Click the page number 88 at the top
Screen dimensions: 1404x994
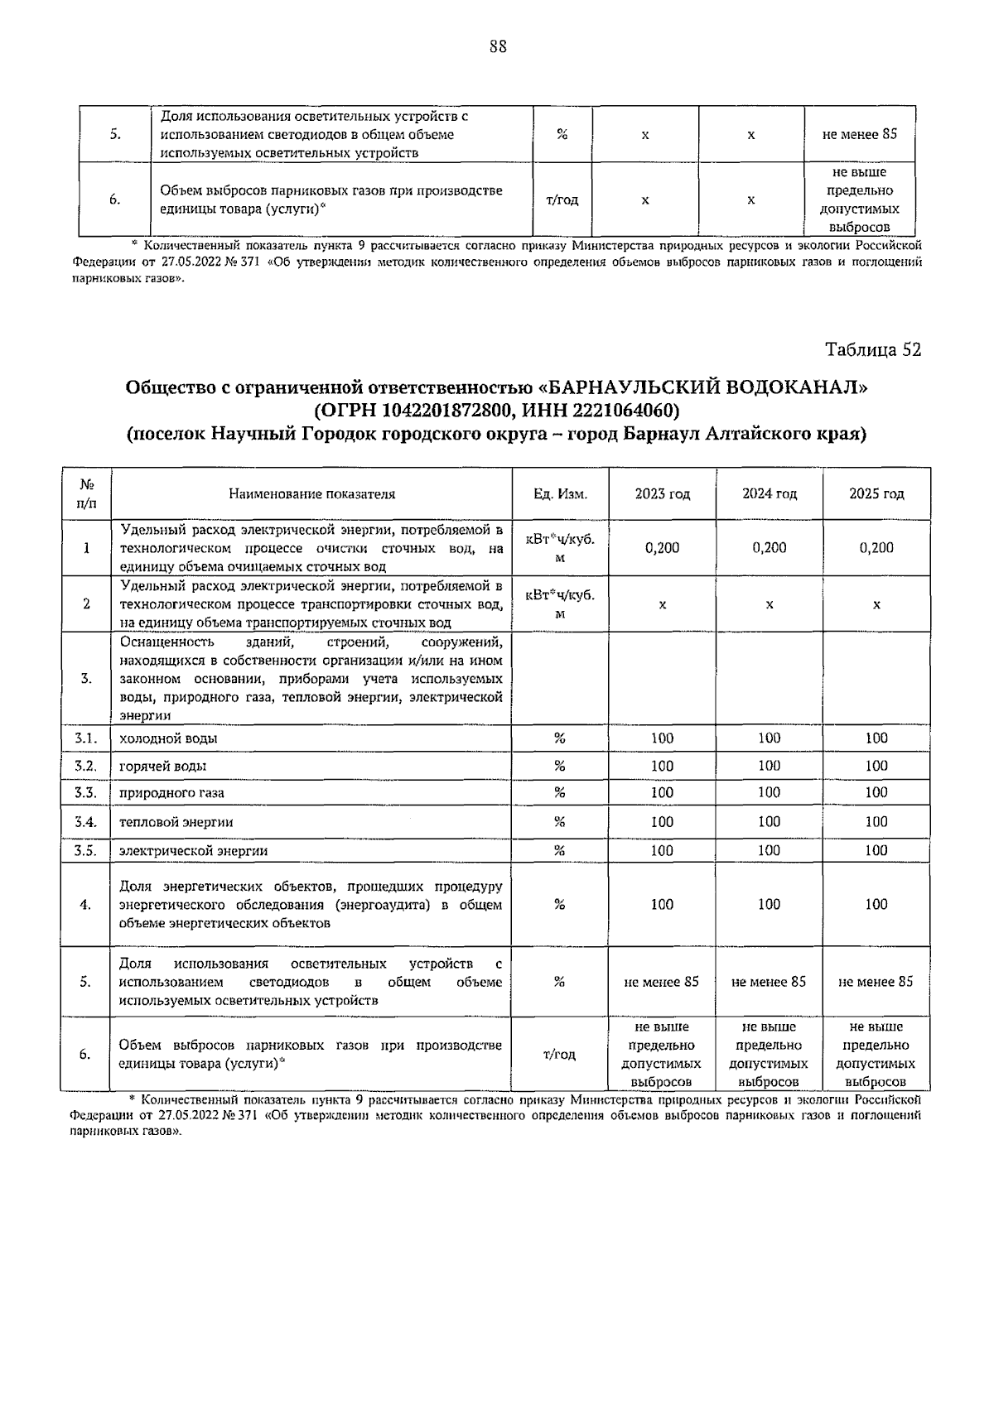pyautogui.click(x=497, y=47)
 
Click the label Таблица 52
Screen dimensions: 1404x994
pyautogui.click(x=873, y=350)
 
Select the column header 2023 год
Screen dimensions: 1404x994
pyautogui.click(x=662, y=494)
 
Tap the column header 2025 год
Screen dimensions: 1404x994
pyautogui.click(x=876, y=494)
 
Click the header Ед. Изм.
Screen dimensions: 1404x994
pyautogui.click(x=560, y=494)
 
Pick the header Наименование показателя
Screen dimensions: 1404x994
pyautogui.click(x=311, y=494)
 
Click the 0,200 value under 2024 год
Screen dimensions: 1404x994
pyautogui.click(x=770, y=548)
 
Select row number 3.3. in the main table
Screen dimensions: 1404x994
pyautogui.click(x=86, y=793)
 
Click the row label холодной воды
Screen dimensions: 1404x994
pyautogui.click(x=169, y=738)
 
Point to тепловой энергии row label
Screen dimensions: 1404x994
pyautogui.click(x=176, y=823)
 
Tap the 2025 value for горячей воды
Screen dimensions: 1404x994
pyautogui.click(x=876, y=767)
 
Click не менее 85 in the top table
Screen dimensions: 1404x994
pyautogui.click(x=859, y=135)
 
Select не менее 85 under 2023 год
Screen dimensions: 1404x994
pyautogui.click(x=662, y=982)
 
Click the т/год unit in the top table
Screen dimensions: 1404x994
pyautogui.click(x=562, y=200)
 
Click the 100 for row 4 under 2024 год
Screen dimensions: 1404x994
pyautogui.click(x=770, y=905)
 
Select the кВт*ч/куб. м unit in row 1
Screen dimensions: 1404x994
pyautogui.click(x=560, y=548)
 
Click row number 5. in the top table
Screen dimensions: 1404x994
pyautogui.click(x=114, y=135)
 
